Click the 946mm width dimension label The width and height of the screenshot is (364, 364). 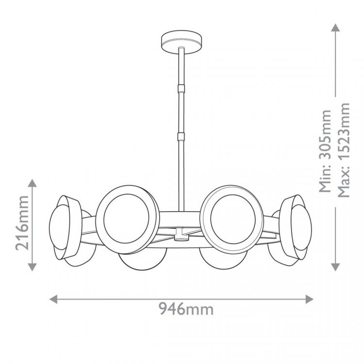tap(186, 309)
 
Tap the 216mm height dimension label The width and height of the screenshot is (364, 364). tap(22, 223)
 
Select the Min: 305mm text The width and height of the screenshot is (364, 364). tap(325, 151)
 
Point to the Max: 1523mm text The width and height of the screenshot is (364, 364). tap(343, 150)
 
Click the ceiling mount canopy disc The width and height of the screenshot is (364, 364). tap(182, 43)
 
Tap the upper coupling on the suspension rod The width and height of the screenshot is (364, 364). tap(182, 88)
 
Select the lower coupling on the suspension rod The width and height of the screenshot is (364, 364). tap(182, 136)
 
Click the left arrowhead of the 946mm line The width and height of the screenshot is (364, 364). tap(53, 299)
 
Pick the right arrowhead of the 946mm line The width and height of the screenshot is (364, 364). tap(310, 299)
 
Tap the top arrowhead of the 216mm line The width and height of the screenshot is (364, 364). tap(32, 183)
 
